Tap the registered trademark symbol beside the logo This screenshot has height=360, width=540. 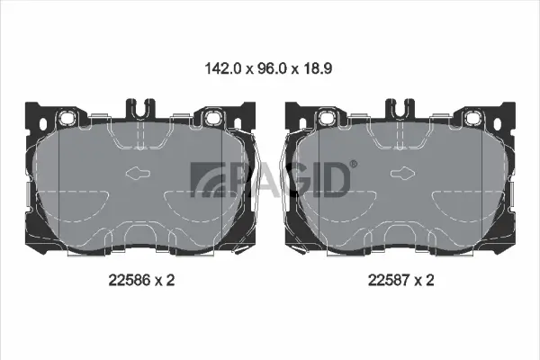point(353,164)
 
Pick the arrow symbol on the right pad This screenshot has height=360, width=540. point(400,175)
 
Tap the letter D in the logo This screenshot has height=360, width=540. point(335,180)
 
